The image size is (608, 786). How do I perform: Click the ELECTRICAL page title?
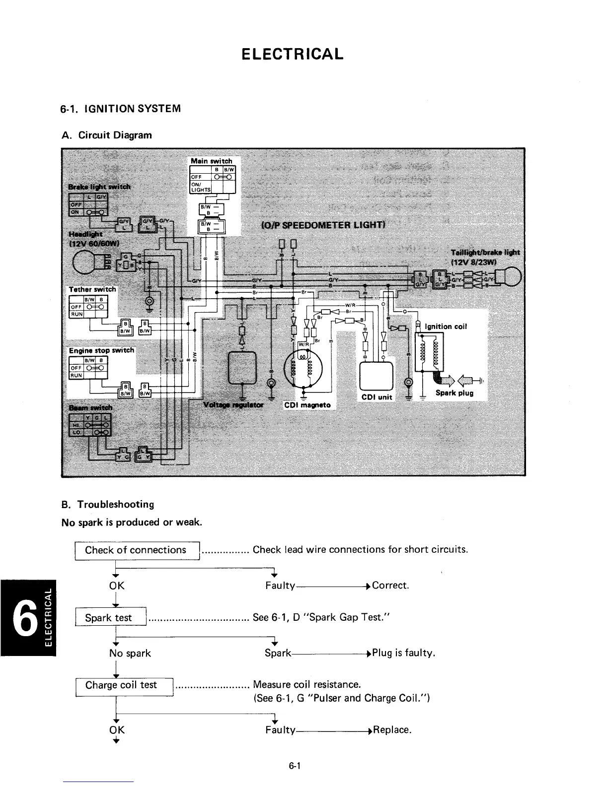click(x=292, y=54)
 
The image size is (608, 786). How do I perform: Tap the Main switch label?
click(x=212, y=161)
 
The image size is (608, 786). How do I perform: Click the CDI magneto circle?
click(x=303, y=367)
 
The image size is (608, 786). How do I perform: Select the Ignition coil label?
click(x=446, y=327)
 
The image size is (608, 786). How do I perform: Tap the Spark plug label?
click(x=454, y=393)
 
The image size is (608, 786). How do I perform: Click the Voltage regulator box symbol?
click(x=242, y=367)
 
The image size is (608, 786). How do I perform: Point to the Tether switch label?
click(x=92, y=289)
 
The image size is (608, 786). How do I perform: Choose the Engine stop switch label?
click(x=101, y=350)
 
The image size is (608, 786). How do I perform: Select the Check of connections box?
click(x=137, y=550)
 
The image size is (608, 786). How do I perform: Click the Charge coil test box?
click(x=124, y=686)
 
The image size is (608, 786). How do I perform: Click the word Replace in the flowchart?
click(x=392, y=730)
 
